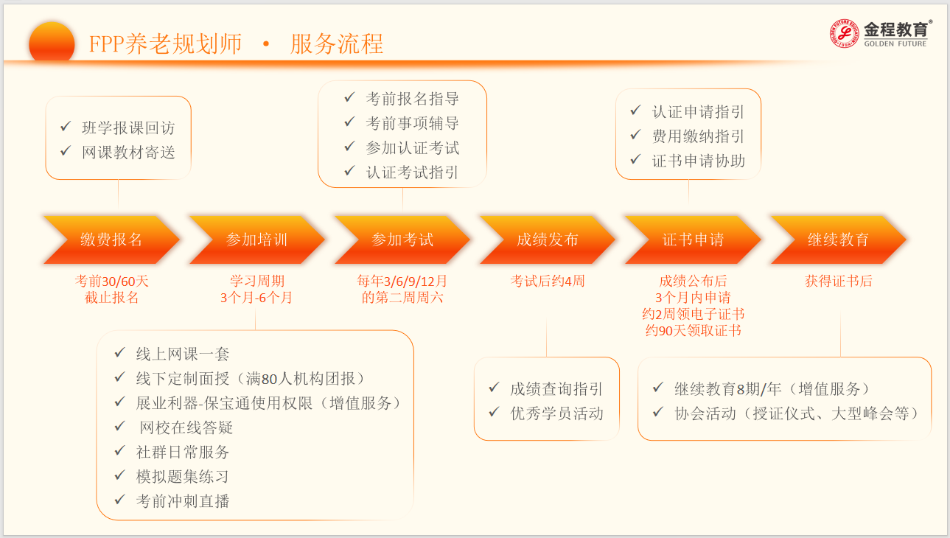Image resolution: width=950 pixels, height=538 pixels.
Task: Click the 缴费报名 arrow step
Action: click(x=111, y=240)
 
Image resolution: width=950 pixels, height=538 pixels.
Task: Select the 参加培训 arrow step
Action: click(x=256, y=240)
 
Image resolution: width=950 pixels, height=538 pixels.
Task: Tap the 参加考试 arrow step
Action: click(x=402, y=240)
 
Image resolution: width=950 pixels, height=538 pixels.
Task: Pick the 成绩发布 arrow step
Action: click(x=547, y=240)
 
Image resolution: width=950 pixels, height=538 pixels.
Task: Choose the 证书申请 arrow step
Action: click(x=692, y=240)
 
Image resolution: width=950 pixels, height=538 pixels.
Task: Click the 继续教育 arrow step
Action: click(x=837, y=240)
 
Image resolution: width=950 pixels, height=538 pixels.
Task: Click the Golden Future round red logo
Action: click(x=845, y=34)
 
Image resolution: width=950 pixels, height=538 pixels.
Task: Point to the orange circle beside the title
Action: click(x=52, y=43)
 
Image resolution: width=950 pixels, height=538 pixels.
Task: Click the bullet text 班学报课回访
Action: click(x=128, y=128)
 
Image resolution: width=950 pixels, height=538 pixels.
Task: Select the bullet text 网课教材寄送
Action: click(x=128, y=152)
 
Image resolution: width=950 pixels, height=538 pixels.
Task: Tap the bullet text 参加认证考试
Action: click(x=412, y=147)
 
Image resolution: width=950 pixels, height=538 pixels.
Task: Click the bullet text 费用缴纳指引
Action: click(x=698, y=136)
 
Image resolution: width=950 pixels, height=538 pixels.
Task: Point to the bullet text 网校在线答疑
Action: click(x=186, y=427)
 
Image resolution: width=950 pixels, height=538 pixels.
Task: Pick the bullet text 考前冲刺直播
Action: click(x=183, y=501)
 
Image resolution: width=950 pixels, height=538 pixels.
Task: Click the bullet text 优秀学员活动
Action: click(x=556, y=413)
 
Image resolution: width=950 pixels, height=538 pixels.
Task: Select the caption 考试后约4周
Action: click(x=547, y=281)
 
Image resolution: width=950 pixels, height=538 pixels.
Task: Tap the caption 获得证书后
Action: click(x=838, y=281)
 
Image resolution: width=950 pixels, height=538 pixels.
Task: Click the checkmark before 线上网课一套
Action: click(x=119, y=353)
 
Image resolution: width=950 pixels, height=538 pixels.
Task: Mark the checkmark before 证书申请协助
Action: click(x=635, y=159)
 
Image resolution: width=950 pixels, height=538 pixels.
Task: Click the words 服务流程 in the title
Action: click(x=337, y=44)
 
